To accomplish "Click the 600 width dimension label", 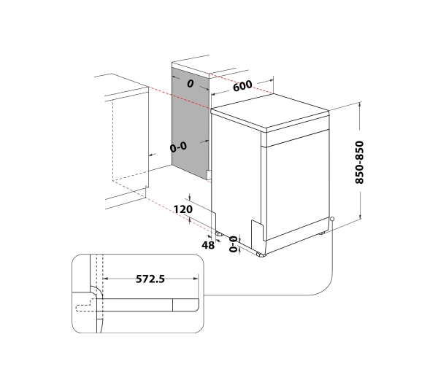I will point(243,85).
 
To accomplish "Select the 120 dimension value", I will point(183,209).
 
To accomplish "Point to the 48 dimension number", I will point(208,246).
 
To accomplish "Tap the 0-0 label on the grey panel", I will point(177,147).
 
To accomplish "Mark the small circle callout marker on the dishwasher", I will point(332,218).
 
